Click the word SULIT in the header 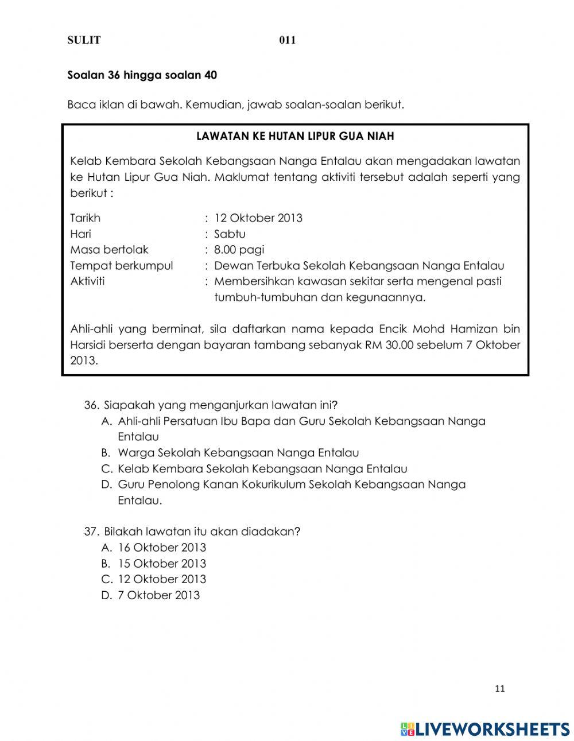(x=84, y=40)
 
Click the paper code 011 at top (x=287, y=40)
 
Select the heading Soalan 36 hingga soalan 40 (x=142, y=75)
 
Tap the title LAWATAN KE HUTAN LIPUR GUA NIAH (x=295, y=137)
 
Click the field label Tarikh (x=85, y=218)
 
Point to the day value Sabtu (x=230, y=234)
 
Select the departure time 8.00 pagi (x=239, y=250)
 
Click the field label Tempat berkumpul (x=121, y=266)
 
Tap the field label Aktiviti (x=87, y=281)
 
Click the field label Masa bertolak (x=109, y=250)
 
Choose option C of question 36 (x=262, y=468)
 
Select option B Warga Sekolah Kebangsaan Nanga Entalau (x=238, y=453)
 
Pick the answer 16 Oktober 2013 (x=161, y=548)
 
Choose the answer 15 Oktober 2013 (x=161, y=564)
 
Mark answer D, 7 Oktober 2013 (x=158, y=595)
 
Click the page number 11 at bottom (x=499, y=689)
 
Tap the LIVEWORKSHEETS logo (x=485, y=728)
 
